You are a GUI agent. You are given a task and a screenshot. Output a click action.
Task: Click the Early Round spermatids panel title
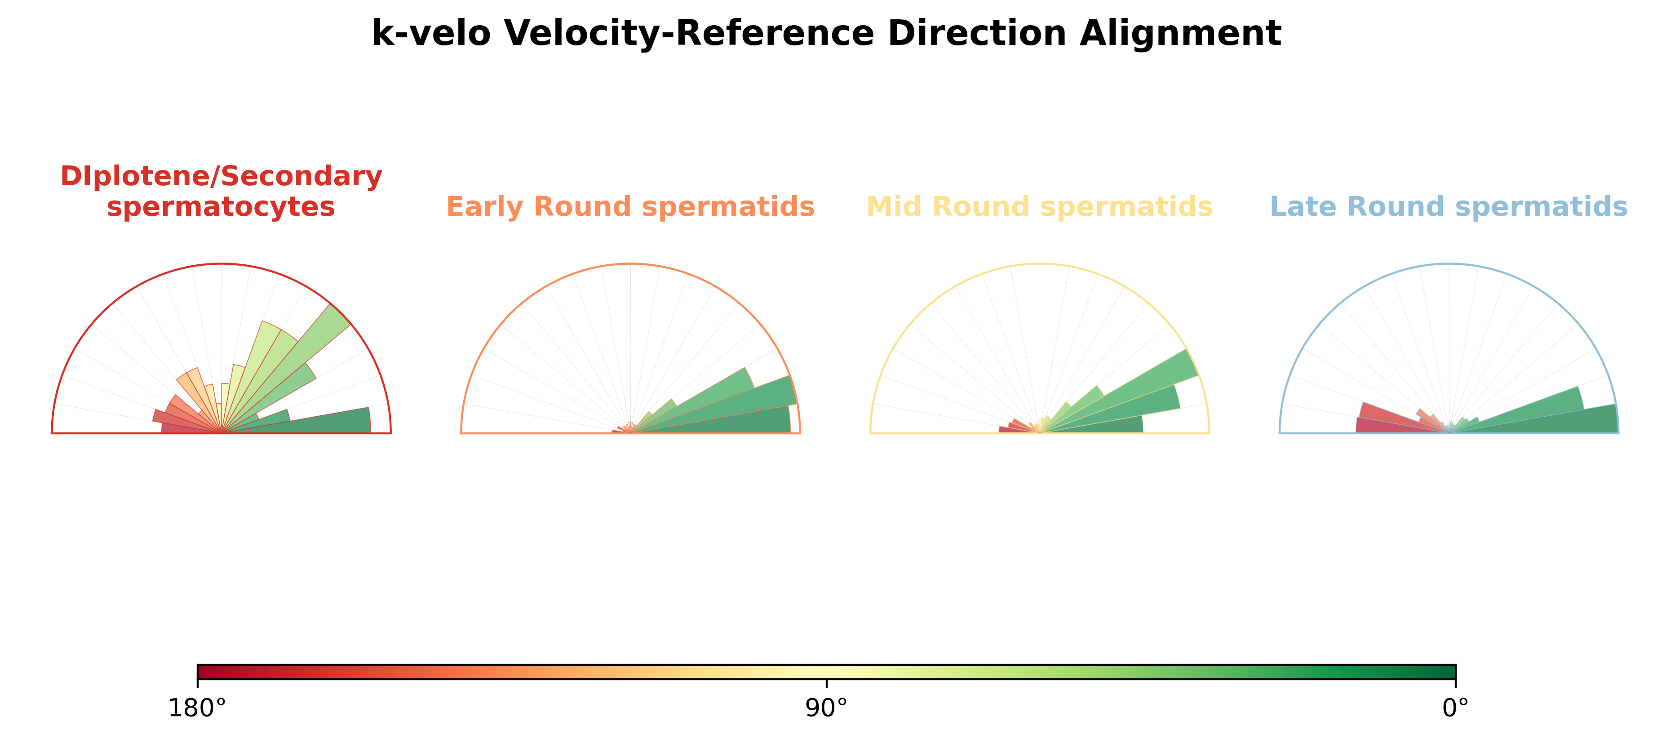click(x=630, y=207)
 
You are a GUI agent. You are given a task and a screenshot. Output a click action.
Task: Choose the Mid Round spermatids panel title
click(x=1040, y=207)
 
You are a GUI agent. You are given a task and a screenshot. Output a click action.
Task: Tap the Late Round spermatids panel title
click(x=1449, y=207)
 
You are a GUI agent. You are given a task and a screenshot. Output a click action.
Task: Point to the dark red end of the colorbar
click(x=200, y=672)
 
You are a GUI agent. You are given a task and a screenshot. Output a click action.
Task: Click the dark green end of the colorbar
click(x=1452, y=672)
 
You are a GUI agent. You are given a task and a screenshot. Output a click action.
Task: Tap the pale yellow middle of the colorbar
click(x=827, y=672)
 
